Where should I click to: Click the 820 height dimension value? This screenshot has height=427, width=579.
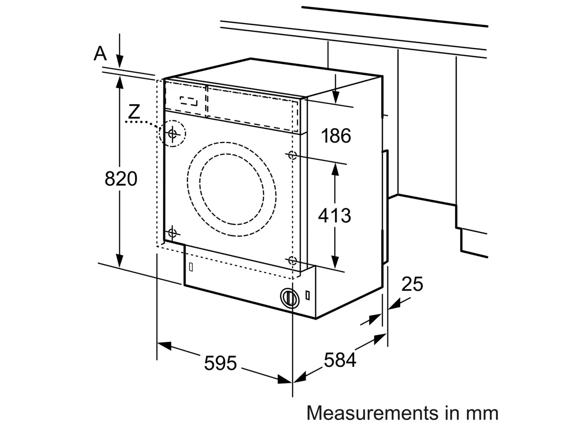click(x=121, y=178)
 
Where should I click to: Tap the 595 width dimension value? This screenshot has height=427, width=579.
click(x=220, y=363)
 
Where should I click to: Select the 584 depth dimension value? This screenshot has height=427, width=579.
click(x=340, y=360)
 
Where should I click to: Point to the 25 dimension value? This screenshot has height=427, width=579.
click(x=412, y=284)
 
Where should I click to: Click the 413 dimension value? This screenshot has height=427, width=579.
click(x=335, y=216)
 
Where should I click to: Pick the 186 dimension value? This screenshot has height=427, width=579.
click(x=336, y=136)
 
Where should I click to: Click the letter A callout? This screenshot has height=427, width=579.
click(x=100, y=54)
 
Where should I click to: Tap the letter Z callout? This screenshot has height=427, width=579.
click(x=134, y=111)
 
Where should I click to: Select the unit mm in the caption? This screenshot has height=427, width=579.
click(x=482, y=413)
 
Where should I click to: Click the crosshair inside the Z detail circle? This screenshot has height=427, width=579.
click(x=172, y=134)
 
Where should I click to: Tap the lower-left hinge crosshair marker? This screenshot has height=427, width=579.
click(x=172, y=233)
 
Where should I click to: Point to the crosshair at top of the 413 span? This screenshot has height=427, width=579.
click(x=292, y=155)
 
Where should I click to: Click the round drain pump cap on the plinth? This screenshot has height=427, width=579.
click(x=290, y=298)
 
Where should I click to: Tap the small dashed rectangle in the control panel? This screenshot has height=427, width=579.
click(x=189, y=101)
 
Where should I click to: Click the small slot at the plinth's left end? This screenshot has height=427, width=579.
click(x=191, y=267)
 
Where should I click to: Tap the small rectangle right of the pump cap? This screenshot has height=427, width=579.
click(x=308, y=295)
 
